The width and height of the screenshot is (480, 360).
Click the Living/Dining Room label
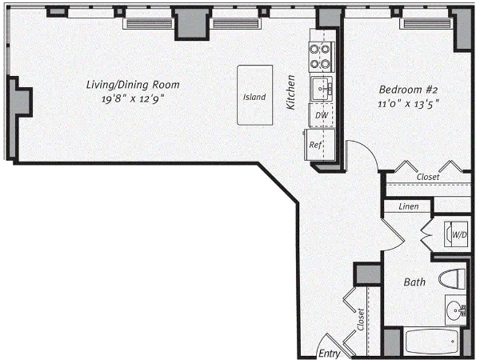coord(133,84)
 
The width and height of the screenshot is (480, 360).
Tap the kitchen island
coord(254,97)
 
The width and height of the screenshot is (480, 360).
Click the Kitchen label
coord(292,92)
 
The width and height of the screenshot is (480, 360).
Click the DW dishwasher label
coord(322,117)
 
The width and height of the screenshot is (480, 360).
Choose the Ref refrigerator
coord(316,145)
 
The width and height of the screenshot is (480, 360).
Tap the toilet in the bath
coord(452,280)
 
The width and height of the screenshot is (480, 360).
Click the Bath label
coord(414,282)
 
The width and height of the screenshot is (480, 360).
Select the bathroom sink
coord(454,308)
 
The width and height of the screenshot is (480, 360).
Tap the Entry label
coord(329,351)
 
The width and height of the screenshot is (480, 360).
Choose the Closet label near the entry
coord(362,321)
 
